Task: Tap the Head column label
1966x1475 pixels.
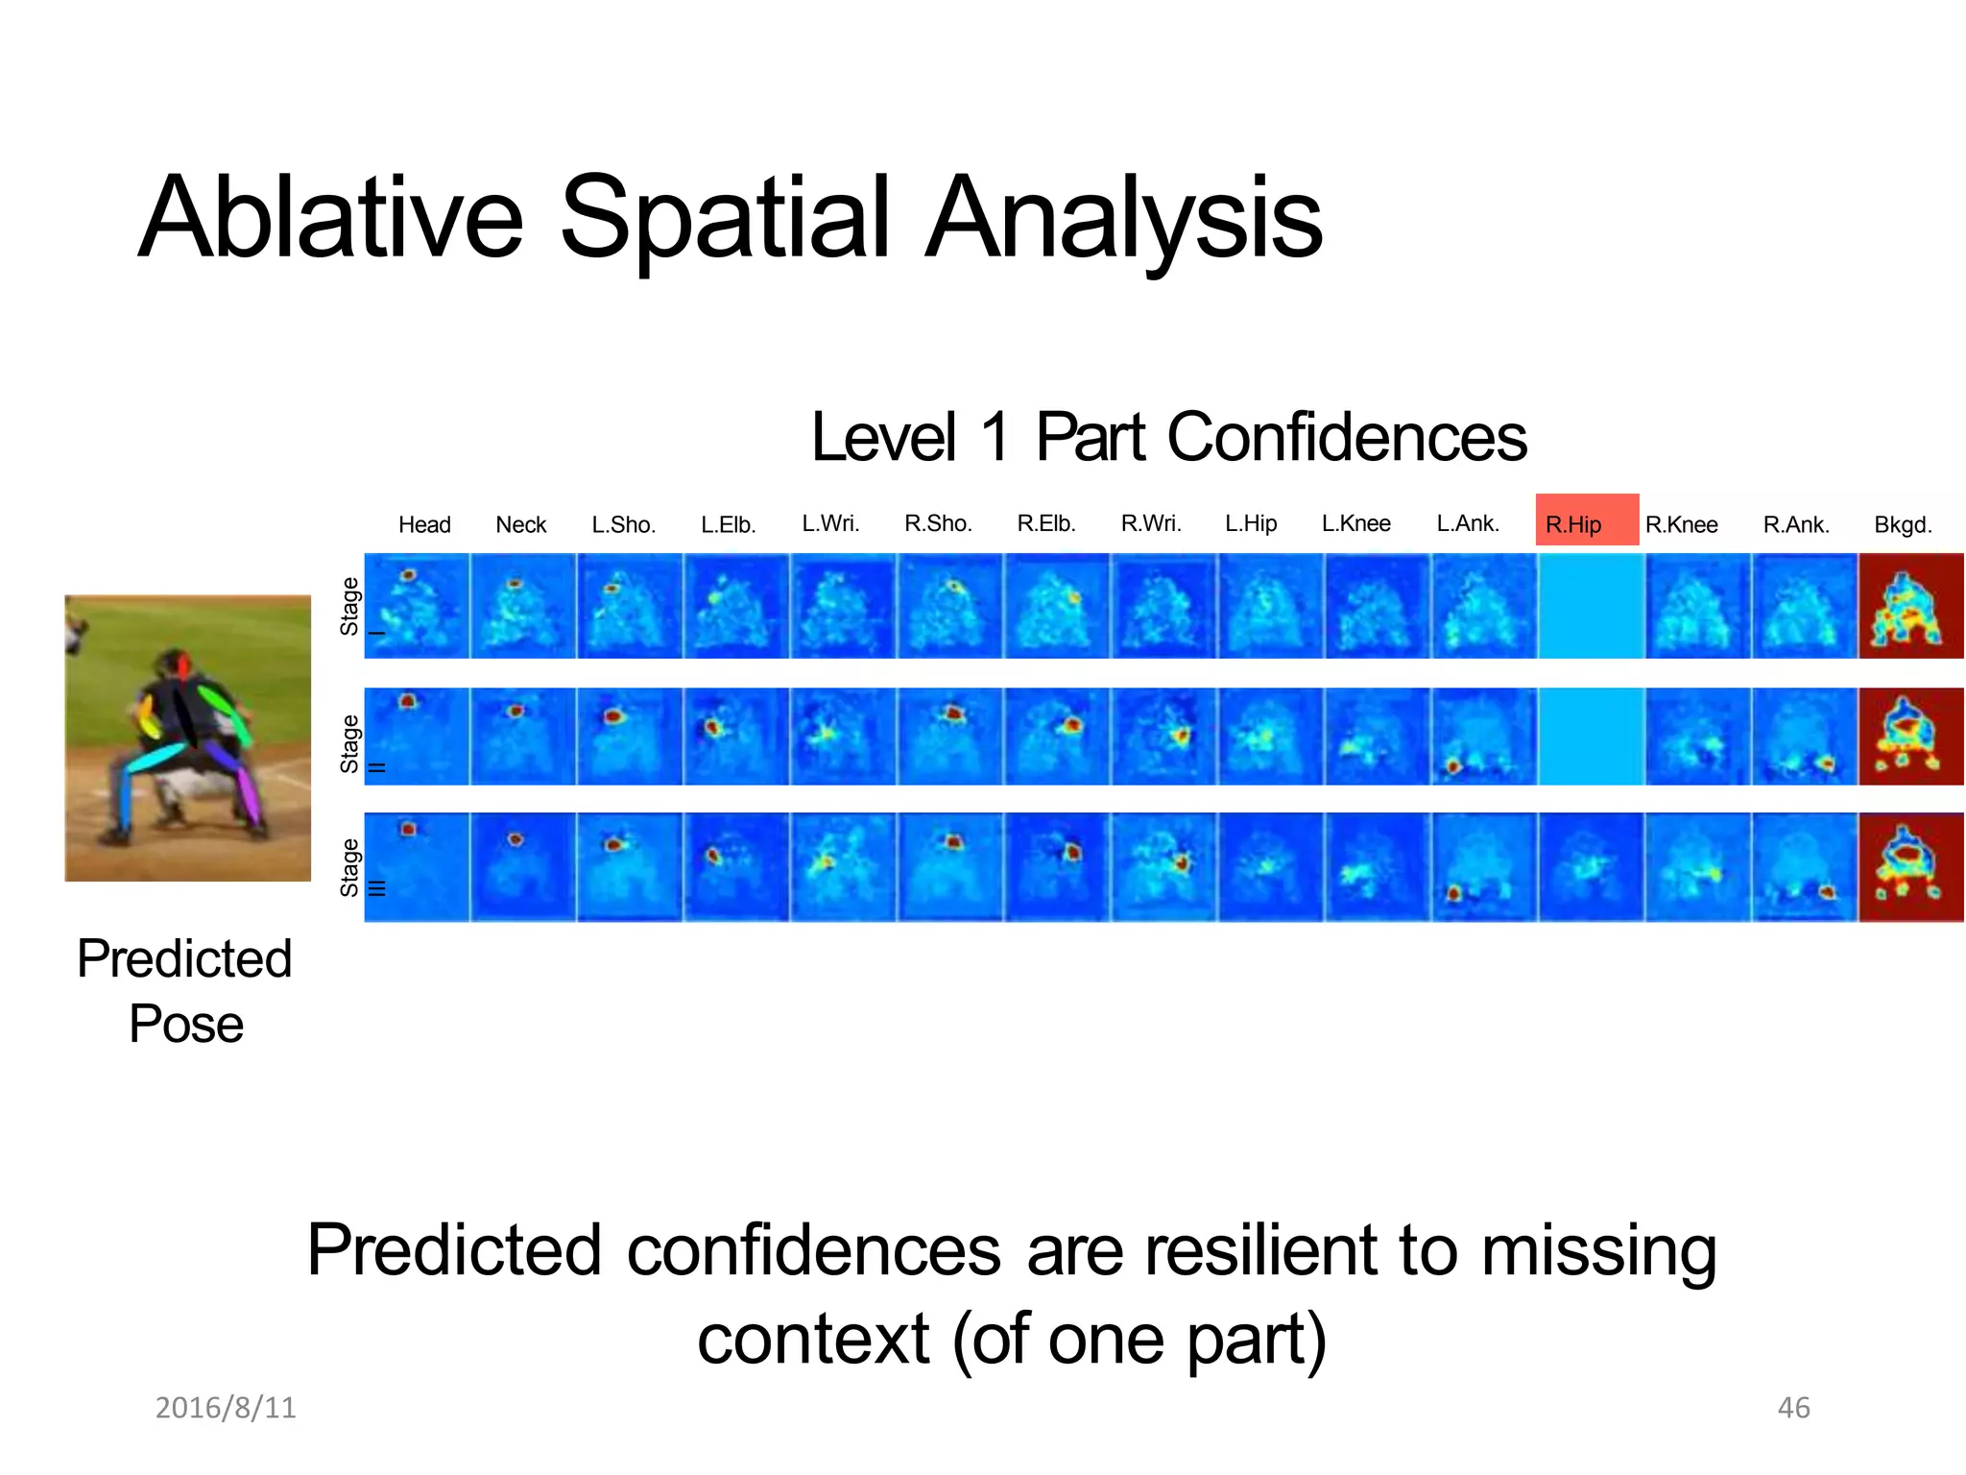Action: click(424, 524)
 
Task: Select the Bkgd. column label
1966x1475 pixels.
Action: click(1903, 525)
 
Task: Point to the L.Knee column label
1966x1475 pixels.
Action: click(1355, 523)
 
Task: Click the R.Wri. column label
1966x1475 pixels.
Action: click(1151, 523)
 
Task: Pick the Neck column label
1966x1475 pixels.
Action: click(520, 524)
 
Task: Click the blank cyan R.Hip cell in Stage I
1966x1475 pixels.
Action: click(1592, 606)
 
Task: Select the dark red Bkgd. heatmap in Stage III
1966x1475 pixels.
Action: click(1910, 867)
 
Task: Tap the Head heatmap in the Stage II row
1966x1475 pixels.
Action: click(417, 737)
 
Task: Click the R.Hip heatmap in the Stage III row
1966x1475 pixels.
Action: click(1592, 867)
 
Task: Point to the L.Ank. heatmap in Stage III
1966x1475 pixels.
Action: click(1484, 867)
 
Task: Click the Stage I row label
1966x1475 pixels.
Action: click(350, 606)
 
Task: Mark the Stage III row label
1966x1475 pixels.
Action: click(350, 867)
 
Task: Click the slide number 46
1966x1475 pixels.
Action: click(1793, 1408)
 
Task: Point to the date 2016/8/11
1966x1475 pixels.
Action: click(226, 1408)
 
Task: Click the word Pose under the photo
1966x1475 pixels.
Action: click(186, 1024)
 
